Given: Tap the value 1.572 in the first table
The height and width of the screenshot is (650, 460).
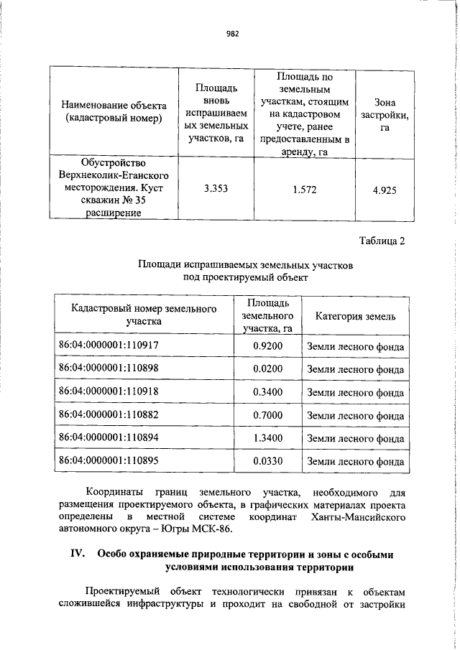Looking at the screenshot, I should tap(299, 189).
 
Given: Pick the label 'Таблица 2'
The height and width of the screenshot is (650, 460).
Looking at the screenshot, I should tap(382, 240).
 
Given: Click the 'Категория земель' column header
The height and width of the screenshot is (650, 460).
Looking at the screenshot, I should tap(355, 315).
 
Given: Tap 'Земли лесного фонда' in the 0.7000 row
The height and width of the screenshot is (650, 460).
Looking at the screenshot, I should tap(355, 414).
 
